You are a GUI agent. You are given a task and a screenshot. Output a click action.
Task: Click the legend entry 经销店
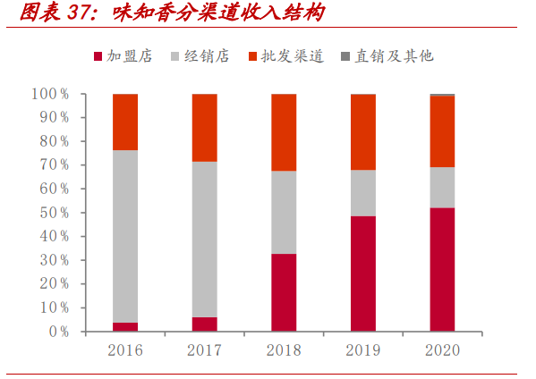click(x=207, y=55)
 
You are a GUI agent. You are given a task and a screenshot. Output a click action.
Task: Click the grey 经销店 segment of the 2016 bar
click(x=125, y=236)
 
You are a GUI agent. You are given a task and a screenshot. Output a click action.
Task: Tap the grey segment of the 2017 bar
click(x=204, y=239)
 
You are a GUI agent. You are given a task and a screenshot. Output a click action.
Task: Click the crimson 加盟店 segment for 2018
click(x=284, y=292)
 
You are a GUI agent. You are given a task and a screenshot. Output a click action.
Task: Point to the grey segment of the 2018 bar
click(x=284, y=212)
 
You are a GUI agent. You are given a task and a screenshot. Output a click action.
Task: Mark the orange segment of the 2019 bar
click(x=362, y=131)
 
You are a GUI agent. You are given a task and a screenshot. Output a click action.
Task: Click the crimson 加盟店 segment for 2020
click(x=441, y=269)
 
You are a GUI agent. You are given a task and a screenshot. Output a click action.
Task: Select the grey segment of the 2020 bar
click(x=441, y=187)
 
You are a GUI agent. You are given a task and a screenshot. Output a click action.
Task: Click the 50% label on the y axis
click(x=54, y=213)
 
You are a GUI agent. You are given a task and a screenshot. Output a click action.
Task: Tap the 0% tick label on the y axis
click(x=57, y=332)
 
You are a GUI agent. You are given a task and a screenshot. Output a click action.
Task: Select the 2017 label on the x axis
click(x=204, y=350)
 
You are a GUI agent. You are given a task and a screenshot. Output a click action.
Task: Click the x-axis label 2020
click(x=441, y=350)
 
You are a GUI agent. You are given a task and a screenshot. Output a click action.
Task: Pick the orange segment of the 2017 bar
click(x=204, y=127)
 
